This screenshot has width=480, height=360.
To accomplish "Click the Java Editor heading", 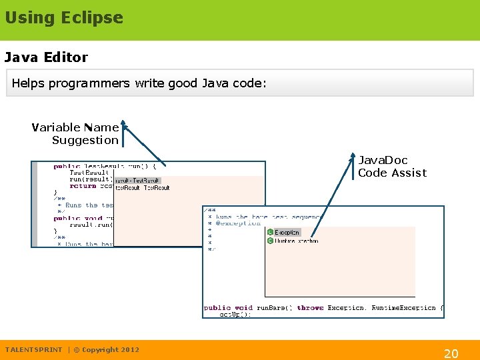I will [46, 57].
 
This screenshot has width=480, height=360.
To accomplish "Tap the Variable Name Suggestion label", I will [75, 133].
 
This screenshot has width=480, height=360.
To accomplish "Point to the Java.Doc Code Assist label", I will [392, 166].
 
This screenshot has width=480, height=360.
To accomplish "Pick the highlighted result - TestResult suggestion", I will [137, 180].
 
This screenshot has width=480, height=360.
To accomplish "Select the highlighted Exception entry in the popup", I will [287, 233].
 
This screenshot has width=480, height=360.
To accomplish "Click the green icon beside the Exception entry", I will [270, 233].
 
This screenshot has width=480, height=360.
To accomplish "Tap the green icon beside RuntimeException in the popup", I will [270, 241].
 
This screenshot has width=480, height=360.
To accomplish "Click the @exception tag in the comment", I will [238, 224].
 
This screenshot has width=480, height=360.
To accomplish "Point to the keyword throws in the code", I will [310, 308].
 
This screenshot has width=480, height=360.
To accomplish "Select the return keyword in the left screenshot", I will [83, 186].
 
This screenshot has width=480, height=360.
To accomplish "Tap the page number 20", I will [451, 353].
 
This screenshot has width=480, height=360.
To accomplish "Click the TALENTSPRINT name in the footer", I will [33, 349].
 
